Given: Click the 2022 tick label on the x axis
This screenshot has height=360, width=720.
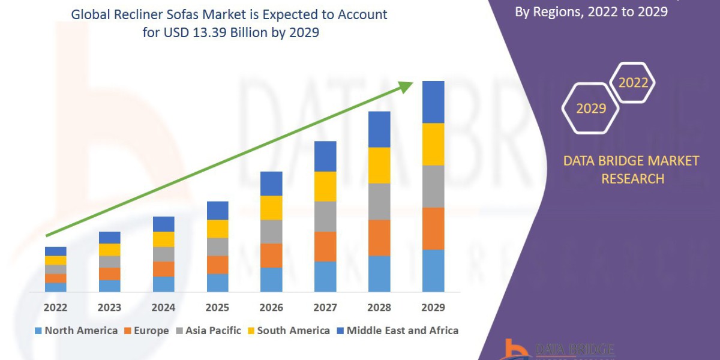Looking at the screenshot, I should pos(55,307).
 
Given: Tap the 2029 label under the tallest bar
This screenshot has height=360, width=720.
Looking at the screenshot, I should pos(433,307).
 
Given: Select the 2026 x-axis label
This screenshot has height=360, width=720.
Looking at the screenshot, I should pos(271,307).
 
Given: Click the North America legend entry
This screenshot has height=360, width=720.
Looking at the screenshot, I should pos(77,331).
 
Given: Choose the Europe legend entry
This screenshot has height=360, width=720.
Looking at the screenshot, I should pos(146,331).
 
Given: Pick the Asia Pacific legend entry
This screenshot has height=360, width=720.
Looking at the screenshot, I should pos(208,331).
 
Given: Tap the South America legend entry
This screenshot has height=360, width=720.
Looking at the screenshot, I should pos(289,331).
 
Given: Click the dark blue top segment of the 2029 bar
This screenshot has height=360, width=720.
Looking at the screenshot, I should pos(433,102).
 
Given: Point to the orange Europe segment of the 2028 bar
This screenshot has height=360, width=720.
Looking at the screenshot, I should pos(379,238).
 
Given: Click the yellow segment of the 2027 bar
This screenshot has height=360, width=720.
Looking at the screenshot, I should pos(325,186).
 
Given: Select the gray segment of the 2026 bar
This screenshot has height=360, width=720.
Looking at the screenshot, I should pos(271,232).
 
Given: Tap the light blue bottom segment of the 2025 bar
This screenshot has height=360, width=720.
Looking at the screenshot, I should pos(217,283).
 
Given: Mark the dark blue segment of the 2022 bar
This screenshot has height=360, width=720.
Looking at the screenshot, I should pos(55,251).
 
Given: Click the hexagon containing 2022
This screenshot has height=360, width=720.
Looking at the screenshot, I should pos(633,83).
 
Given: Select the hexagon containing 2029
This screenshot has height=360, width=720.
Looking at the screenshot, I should pos(590,109).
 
